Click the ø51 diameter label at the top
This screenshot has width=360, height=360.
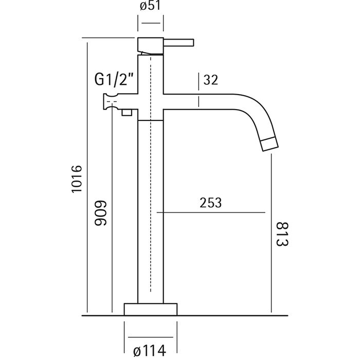coord(150,6)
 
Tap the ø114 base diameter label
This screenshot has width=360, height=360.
coord(150,351)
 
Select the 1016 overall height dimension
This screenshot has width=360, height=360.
coord(77,179)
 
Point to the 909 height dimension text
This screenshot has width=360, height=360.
coord(101,213)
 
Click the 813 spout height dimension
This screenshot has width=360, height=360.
coord(282,234)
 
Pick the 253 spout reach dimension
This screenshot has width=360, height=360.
coord(210,203)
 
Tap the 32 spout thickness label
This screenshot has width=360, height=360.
coord(210,80)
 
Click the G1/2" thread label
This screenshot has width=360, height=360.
coord(114,79)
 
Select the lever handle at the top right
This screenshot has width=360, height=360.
coord(179,43)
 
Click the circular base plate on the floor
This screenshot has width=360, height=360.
coord(151,309)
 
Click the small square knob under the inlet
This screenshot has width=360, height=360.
coord(127,113)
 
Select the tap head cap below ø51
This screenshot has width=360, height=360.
coord(151,46)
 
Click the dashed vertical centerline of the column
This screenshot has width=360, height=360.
coord(151,174)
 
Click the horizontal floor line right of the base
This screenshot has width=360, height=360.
coord(232,316)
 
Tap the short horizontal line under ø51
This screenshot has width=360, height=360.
coord(151,23)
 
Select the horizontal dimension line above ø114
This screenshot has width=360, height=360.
coord(151,337)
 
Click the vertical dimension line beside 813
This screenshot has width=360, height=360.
coord(271,233)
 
